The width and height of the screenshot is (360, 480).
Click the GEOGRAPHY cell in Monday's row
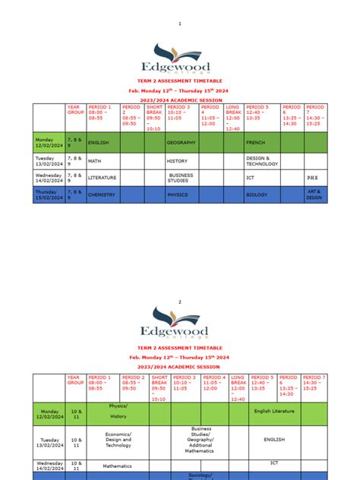coord(182,142)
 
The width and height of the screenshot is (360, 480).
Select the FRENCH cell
coord(254,142)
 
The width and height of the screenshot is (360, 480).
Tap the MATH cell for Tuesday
coord(95,160)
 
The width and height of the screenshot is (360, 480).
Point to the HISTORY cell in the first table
coord(177,160)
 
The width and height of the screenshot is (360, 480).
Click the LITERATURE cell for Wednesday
coord(103,177)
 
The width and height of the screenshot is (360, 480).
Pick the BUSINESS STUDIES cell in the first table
coord(180,177)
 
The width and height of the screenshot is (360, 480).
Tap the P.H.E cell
coord(314,177)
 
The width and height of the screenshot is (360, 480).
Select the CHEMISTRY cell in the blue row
coord(101,194)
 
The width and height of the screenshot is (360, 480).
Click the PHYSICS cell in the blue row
coord(177,194)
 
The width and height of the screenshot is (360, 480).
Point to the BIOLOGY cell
coord(256,194)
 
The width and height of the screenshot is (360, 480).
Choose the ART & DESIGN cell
coord(314,194)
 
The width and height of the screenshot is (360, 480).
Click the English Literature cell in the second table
coord(273,412)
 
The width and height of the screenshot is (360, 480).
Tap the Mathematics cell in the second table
coord(118,466)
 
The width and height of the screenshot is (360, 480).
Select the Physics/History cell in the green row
coord(118,411)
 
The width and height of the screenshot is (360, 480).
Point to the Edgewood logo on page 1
coord(180,57)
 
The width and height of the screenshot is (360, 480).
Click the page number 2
coord(180,302)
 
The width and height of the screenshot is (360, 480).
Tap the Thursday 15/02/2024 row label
coord(48,194)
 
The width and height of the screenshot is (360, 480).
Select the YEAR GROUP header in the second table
coord(74,380)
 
